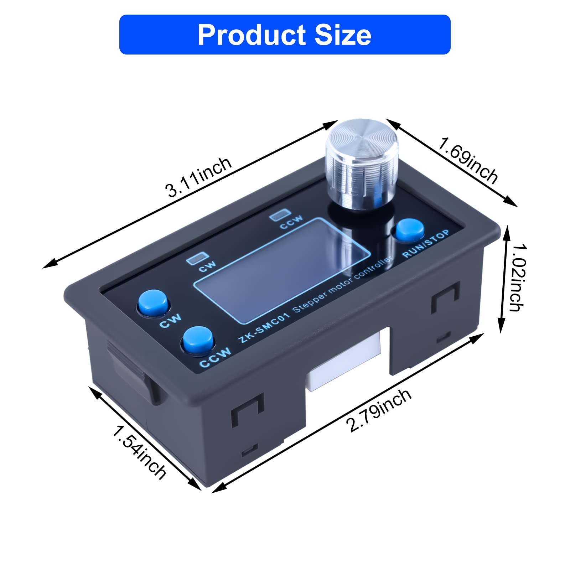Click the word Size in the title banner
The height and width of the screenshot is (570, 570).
(343, 35)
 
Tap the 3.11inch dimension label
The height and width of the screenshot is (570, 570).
(198, 177)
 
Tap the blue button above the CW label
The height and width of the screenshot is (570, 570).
(153, 303)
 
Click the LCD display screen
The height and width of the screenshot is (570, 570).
(281, 271)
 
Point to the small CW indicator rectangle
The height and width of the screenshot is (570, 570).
(198, 258)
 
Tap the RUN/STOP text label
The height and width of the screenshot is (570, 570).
(426, 244)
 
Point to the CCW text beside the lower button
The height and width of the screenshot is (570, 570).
(215, 358)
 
